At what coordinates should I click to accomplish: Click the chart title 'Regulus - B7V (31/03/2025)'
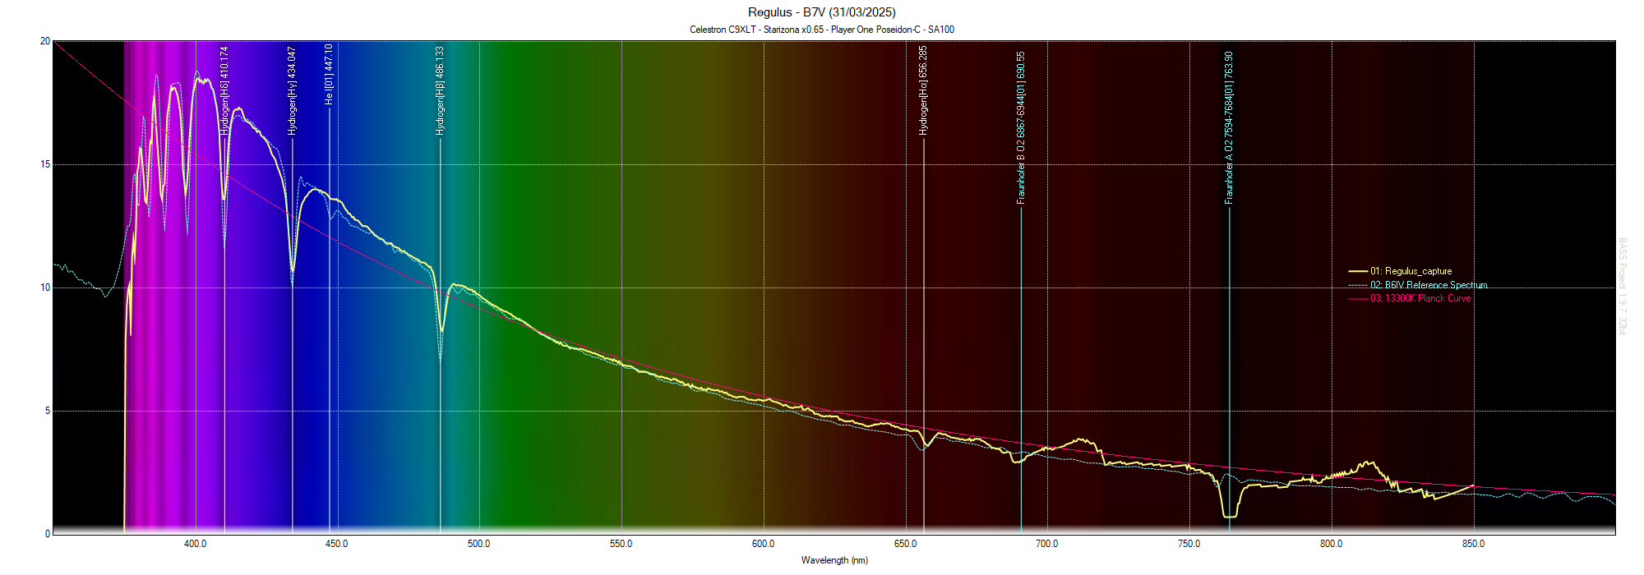821,12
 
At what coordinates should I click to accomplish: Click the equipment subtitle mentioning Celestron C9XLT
821,30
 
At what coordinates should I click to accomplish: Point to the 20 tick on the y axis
45,41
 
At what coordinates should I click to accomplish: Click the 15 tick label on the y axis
45,164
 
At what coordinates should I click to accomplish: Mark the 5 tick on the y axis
48,411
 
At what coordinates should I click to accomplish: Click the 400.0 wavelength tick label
196,544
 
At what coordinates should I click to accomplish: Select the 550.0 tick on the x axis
621,544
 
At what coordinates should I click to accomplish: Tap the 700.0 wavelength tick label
1047,544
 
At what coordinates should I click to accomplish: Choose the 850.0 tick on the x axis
1474,544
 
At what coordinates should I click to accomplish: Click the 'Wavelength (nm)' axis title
834,560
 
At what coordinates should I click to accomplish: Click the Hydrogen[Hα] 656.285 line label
923,90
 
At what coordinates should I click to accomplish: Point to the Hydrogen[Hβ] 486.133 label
440,90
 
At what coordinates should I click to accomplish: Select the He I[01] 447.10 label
329,74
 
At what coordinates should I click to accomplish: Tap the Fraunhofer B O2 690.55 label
1021,127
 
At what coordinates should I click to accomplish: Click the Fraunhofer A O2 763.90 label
1229,127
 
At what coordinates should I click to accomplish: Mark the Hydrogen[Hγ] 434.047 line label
292,90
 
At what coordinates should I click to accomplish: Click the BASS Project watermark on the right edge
1622,286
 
